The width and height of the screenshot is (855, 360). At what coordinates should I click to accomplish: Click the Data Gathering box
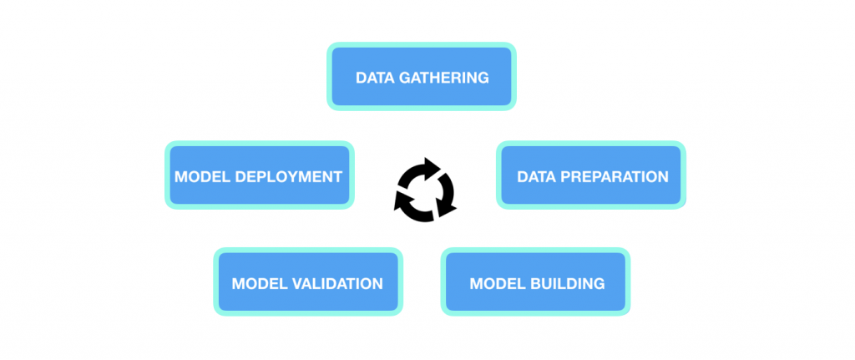(x=422, y=76)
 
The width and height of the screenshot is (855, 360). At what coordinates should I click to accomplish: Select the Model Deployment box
(x=260, y=175)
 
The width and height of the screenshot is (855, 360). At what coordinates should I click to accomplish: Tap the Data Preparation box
(x=591, y=175)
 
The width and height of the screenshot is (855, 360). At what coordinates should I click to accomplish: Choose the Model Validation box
(x=308, y=281)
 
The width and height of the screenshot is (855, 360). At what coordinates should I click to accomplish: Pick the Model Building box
(x=535, y=281)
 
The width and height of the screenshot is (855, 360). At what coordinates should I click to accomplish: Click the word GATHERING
(x=443, y=78)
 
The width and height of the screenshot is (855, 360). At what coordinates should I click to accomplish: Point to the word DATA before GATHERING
(x=375, y=78)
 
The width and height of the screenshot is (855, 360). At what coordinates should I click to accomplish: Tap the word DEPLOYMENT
(x=290, y=177)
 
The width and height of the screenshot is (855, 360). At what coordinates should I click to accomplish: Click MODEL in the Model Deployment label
(x=204, y=177)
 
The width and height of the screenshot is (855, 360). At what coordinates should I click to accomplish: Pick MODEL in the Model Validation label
(x=261, y=284)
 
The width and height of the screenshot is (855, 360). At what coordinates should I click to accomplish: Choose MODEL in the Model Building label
(x=498, y=284)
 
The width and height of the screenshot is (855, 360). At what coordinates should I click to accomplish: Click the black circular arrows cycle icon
(x=425, y=190)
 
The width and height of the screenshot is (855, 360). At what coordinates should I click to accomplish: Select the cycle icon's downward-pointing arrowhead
(x=446, y=208)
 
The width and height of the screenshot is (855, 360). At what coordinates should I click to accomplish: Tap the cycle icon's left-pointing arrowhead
(x=402, y=200)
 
